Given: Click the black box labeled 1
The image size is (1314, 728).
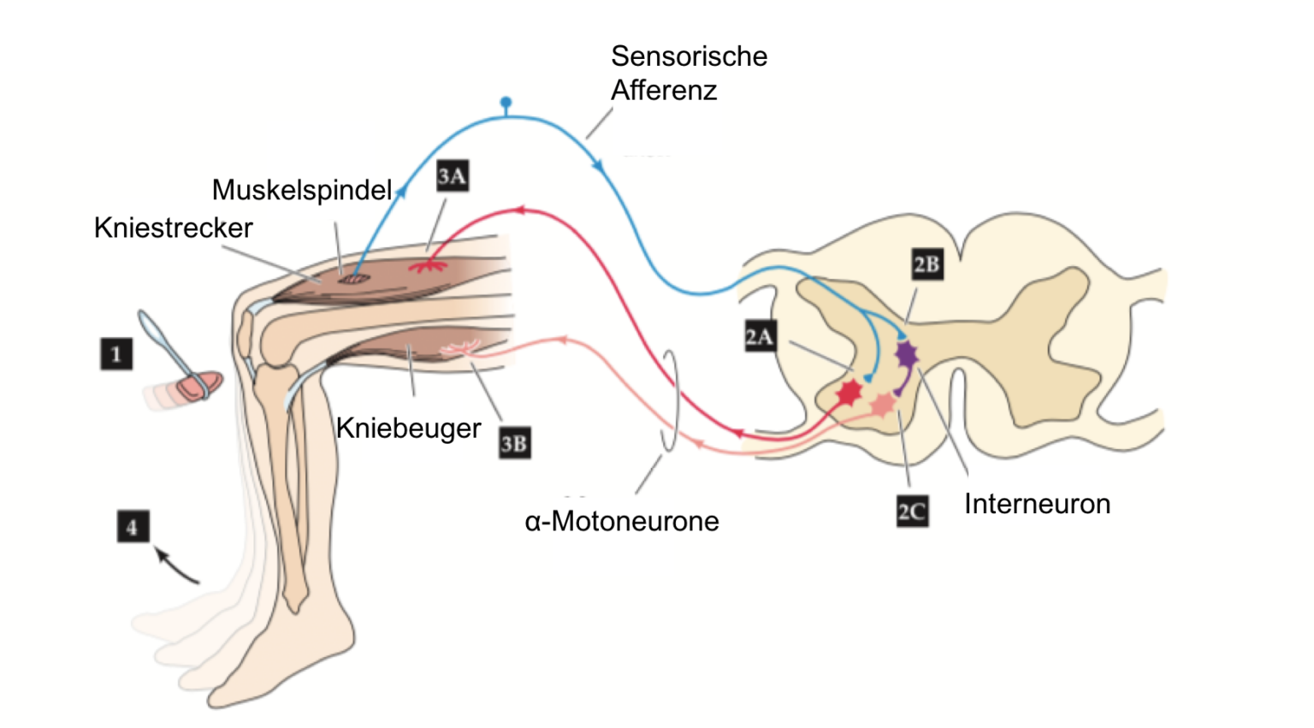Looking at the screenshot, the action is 116,353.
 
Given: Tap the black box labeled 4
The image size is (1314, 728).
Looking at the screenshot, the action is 133,526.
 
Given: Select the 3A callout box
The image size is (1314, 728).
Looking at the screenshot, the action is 453,175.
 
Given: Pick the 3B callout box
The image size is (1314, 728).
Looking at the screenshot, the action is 514,443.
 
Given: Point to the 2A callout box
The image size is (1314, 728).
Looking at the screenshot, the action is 761,336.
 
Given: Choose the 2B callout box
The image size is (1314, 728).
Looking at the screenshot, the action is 927,264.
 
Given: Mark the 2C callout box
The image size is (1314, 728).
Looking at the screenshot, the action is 912,511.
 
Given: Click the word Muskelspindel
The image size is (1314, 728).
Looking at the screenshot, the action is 302,190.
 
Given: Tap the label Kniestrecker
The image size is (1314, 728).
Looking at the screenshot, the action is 173,228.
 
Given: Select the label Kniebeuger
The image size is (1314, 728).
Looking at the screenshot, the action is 408,429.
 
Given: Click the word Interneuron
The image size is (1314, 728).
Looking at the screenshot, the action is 1037,504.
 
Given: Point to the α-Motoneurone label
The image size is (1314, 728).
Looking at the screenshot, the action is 622,521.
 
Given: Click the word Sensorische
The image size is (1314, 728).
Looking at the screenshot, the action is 690,56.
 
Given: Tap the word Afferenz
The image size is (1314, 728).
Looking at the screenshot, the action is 664,91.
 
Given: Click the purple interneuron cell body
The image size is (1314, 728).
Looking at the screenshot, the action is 906,353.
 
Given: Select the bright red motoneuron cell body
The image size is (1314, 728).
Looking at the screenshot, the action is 849,392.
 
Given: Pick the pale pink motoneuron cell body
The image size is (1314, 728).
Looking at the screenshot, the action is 883,404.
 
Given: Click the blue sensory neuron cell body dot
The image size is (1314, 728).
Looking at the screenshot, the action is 506,102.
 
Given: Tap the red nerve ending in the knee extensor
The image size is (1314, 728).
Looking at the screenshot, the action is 429,266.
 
